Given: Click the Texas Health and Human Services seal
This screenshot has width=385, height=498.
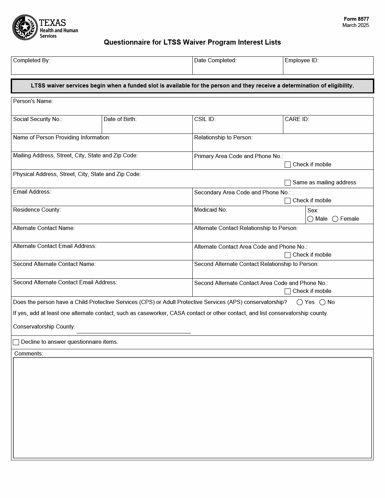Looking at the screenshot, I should (25, 27).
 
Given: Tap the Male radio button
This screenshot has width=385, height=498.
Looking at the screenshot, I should (310, 219).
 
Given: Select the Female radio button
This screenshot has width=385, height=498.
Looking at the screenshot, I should (335, 219).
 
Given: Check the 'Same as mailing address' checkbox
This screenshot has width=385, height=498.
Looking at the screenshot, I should (287, 183).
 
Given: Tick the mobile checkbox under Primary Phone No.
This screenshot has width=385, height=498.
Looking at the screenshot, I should (287, 165).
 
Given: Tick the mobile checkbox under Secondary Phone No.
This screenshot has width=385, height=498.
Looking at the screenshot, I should (287, 201).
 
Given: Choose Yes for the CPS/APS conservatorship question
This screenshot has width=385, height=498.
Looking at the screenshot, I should (300, 302).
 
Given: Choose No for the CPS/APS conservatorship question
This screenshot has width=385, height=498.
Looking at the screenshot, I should (322, 302).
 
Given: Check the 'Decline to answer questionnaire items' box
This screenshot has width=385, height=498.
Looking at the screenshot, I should (16, 342).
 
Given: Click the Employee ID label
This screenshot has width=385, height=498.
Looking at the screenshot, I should (301, 61).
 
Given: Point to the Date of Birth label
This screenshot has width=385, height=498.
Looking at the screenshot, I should (120, 119).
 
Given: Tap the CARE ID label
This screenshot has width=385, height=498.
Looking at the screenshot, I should (297, 119).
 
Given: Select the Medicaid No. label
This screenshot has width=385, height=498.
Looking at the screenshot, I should (210, 210).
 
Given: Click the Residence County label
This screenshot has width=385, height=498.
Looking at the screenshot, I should (37, 210).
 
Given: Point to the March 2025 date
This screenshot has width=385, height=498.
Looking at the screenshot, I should (356, 25).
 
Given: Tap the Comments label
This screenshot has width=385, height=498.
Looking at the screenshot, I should (29, 353).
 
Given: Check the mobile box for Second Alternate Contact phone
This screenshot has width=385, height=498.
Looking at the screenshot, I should (287, 291).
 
